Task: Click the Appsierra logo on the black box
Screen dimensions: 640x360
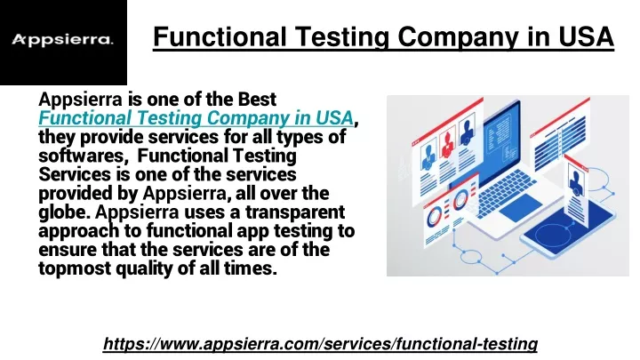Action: coord(62,40)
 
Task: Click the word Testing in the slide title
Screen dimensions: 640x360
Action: coord(341,36)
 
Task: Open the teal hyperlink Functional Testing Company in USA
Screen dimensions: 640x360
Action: coord(196,118)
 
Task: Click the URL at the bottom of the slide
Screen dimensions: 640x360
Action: coord(320,344)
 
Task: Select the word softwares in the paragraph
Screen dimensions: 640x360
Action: coord(81,156)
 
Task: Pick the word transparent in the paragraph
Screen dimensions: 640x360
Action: coord(295,212)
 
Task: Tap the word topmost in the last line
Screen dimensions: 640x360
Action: coord(75,269)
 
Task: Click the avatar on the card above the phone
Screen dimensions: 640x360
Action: coord(576,182)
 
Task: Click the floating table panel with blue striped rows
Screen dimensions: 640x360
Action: coord(560,135)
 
